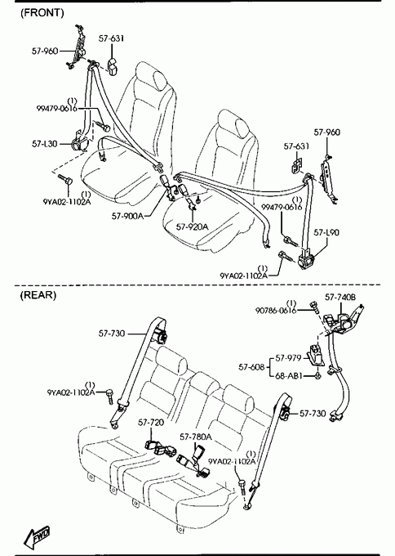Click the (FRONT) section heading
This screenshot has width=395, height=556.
[x=42, y=13]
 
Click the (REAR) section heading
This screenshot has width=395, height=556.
[x=38, y=295]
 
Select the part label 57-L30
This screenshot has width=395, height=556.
[x=45, y=144]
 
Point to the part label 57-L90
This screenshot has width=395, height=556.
[x=326, y=232]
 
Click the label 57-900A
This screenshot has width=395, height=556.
[x=128, y=216]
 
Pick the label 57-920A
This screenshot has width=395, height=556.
[x=192, y=226]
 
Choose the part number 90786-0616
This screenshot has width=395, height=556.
[x=276, y=311]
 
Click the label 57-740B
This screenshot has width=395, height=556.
[x=340, y=297]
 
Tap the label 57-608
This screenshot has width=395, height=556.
[x=251, y=367]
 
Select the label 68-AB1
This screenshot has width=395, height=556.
[x=289, y=375]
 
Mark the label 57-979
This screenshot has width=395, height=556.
[x=288, y=358]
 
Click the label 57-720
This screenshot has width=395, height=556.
[x=151, y=423]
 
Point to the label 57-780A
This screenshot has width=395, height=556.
[x=196, y=437]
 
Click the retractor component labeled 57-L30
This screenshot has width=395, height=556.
[x=79, y=142]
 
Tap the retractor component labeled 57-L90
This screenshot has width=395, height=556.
[x=305, y=260]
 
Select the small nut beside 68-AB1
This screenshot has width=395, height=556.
[x=317, y=375]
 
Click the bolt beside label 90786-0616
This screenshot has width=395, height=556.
[x=314, y=307]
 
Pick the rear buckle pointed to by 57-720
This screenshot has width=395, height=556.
[x=160, y=448]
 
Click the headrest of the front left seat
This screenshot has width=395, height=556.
[x=160, y=79]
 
